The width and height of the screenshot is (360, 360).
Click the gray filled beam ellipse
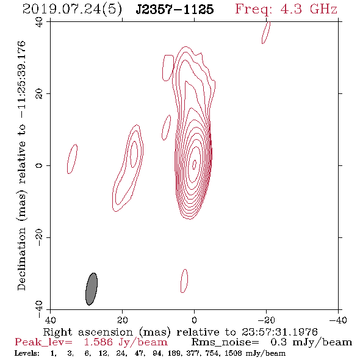click(x=92, y=289)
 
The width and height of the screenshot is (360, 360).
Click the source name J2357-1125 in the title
click(x=175, y=9)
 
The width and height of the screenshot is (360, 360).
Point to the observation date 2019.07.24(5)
click(x=72, y=10)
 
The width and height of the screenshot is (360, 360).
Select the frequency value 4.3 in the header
click(x=291, y=9)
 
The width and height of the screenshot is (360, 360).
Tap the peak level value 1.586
click(x=98, y=342)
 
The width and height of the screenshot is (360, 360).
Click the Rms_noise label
click(x=225, y=342)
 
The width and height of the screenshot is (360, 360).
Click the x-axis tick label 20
click(x=122, y=320)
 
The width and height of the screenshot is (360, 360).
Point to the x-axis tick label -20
click(x=266, y=320)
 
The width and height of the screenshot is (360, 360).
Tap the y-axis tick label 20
click(x=39, y=94)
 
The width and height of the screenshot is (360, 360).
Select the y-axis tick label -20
click(x=39, y=237)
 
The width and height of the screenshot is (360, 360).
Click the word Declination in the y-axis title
click(x=21, y=259)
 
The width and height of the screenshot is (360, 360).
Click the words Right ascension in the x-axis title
click(x=88, y=332)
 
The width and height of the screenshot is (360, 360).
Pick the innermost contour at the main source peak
click(x=195, y=164)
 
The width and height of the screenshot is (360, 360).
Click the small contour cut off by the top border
click(x=266, y=32)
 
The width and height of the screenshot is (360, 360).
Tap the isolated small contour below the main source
click(x=184, y=281)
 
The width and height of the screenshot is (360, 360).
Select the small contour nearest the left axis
click(x=72, y=159)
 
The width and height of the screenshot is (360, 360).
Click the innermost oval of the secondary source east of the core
click(x=134, y=154)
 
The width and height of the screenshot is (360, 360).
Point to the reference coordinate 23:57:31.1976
click(x=279, y=332)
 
